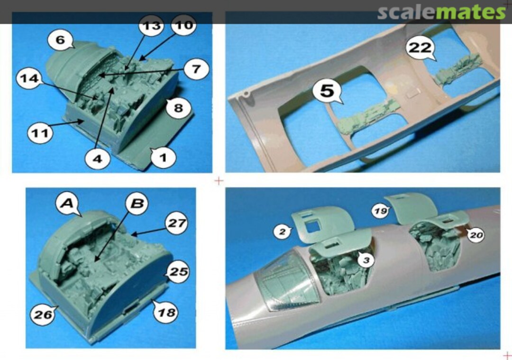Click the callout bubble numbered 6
(x=60, y=40)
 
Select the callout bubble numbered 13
(x=151, y=26)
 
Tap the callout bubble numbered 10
(x=182, y=24)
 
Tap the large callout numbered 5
(x=327, y=91)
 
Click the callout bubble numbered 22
(x=421, y=48)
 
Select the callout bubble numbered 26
(x=43, y=314)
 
